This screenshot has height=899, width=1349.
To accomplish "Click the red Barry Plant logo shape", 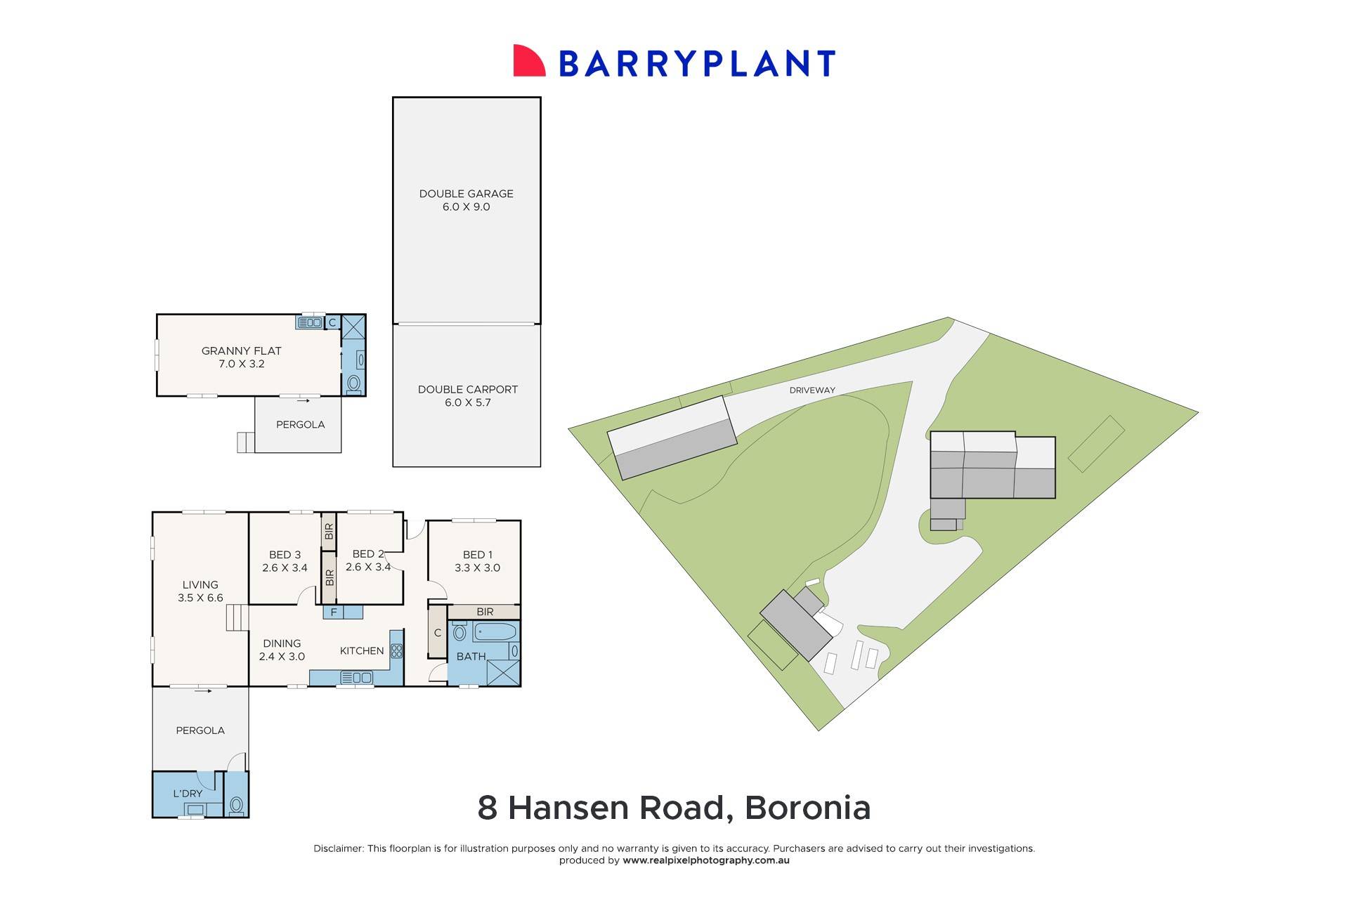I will tap(529, 61).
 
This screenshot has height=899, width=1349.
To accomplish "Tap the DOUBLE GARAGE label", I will tap(466, 194).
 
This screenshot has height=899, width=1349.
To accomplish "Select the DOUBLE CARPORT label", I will tap(467, 390).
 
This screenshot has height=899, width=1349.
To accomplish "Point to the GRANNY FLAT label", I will tap(241, 350).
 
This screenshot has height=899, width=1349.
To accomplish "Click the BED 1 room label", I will tap(477, 555).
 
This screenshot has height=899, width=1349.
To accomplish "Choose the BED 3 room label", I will tap(285, 555).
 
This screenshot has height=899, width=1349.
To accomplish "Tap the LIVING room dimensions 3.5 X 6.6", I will tap(200, 598).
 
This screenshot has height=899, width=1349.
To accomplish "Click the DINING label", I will tap(282, 643).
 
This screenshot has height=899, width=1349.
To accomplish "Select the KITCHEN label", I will tap(362, 651).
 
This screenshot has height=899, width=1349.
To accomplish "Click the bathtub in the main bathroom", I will tap(495, 632).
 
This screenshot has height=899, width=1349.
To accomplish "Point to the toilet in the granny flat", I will tap(353, 383).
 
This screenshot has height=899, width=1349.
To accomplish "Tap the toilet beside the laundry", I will tap(236, 805).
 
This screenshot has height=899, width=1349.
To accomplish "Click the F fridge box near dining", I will tap(334, 612).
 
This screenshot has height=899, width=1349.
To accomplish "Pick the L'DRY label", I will tap(188, 794).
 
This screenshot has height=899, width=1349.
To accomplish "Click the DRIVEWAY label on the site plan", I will tap(812, 391).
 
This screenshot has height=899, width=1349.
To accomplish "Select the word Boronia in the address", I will tap(807, 808).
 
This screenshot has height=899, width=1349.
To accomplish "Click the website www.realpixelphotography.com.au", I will tap(705, 860).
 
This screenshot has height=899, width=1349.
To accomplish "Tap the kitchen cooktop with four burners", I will tap(397, 651).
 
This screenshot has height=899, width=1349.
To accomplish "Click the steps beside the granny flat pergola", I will tap(245, 442).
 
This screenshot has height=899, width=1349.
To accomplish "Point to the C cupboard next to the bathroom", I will tap(437, 633).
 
